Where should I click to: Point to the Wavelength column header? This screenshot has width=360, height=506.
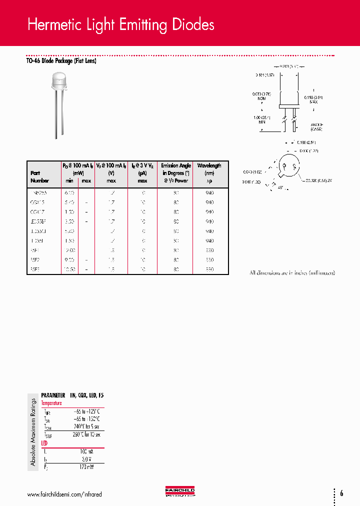tap(209, 165)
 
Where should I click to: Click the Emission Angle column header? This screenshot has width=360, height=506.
tap(175, 165)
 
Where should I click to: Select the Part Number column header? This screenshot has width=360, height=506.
tap(39, 176)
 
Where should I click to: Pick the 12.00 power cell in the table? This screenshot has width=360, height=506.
tap(69, 250)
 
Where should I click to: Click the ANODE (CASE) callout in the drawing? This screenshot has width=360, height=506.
tap(316, 127)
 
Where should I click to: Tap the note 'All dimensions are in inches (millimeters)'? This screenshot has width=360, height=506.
tap(292, 272)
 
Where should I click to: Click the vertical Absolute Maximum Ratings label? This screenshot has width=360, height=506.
tap(33, 432)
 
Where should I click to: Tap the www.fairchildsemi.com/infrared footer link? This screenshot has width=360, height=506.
tap(64, 494)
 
